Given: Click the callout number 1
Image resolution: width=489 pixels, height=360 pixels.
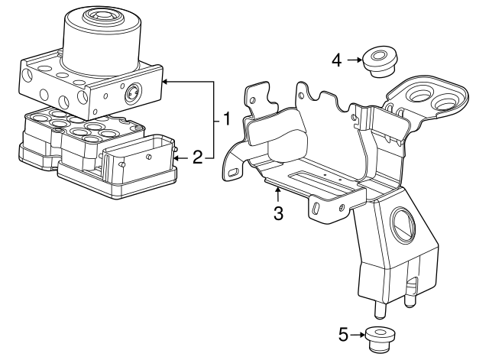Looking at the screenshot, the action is [x=226, y=119].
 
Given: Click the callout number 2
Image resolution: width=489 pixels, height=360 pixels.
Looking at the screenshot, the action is [x=198, y=157].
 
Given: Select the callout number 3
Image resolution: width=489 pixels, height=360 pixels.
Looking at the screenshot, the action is [x=278, y=214].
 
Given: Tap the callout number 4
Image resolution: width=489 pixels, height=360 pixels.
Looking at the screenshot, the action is [x=337, y=60].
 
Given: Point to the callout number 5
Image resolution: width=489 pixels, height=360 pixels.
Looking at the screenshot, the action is [x=343, y=336].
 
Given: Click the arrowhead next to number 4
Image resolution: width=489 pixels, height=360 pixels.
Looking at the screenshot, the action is [x=360, y=60].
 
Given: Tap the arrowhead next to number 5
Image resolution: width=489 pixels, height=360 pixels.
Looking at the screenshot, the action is [x=361, y=335].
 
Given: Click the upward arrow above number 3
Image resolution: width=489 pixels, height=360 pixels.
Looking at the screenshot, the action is [x=277, y=195].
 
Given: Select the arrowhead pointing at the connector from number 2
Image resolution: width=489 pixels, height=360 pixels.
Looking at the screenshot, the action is [x=176, y=158].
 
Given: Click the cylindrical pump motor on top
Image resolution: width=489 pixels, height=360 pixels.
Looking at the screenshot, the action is [x=102, y=41].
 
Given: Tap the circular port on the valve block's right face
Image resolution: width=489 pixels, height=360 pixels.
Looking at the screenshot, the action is [x=132, y=92].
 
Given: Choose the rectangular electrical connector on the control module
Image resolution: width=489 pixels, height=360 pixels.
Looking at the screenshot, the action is [x=138, y=157].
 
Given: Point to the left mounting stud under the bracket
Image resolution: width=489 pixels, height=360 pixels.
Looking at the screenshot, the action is [x=379, y=310].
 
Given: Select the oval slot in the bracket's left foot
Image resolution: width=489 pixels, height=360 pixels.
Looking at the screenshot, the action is [x=233, y=173].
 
